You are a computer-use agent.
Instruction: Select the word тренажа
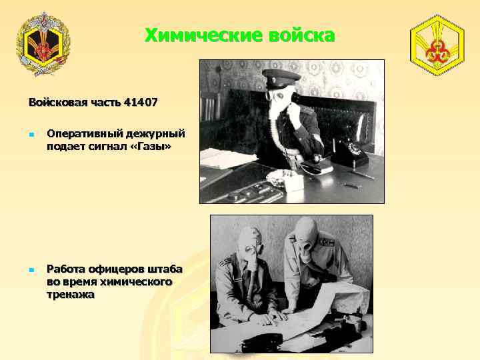(71, 294)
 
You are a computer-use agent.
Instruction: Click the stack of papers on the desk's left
(219, 158)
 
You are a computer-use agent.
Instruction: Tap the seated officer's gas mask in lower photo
(251, 246)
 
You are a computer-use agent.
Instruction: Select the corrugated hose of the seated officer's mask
(253, 287)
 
